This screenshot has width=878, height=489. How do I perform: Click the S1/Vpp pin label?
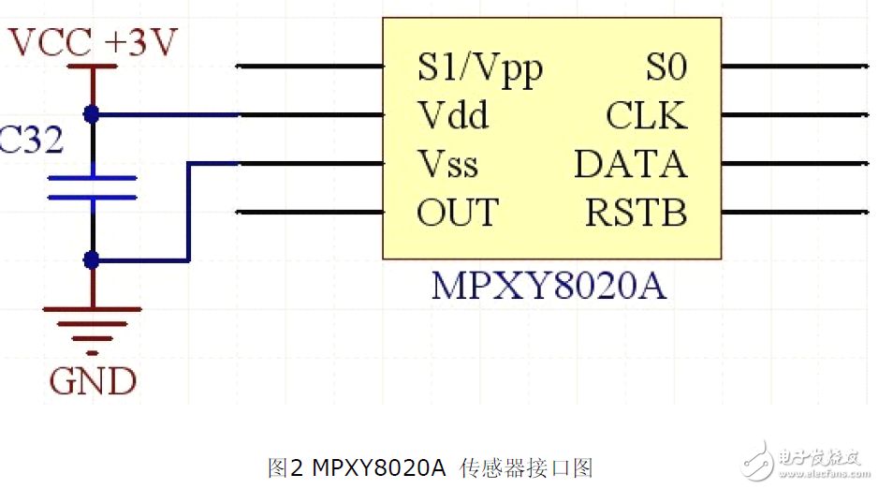[480, 69]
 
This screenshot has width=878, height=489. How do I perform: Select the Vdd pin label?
[453, 115]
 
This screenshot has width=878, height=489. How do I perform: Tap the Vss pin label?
[448, 164]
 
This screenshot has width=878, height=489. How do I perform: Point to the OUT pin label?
[458, 213]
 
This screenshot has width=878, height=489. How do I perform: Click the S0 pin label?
[666, 67]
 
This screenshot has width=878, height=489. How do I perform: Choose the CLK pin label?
[647, 115]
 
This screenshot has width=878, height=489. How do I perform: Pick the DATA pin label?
[631, 164]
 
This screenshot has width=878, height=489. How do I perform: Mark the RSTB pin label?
[637, 213]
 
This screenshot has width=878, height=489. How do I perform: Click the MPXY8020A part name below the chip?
[549, 286]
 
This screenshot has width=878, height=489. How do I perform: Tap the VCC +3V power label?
[93, 41]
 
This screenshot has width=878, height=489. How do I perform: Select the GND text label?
[93, 381]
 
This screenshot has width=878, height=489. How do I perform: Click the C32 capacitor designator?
[31, 139]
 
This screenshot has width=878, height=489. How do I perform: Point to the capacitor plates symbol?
[93, 187]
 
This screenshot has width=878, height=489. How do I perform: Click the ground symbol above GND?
[93, 331]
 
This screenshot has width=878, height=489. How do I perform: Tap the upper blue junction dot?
[92, 114]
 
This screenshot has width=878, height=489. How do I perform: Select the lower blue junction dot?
[92, 259]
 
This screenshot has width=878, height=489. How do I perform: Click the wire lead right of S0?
[795, 67]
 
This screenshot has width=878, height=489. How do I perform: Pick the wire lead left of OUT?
[310, 213]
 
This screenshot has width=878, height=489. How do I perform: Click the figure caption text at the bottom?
[430, 467]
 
